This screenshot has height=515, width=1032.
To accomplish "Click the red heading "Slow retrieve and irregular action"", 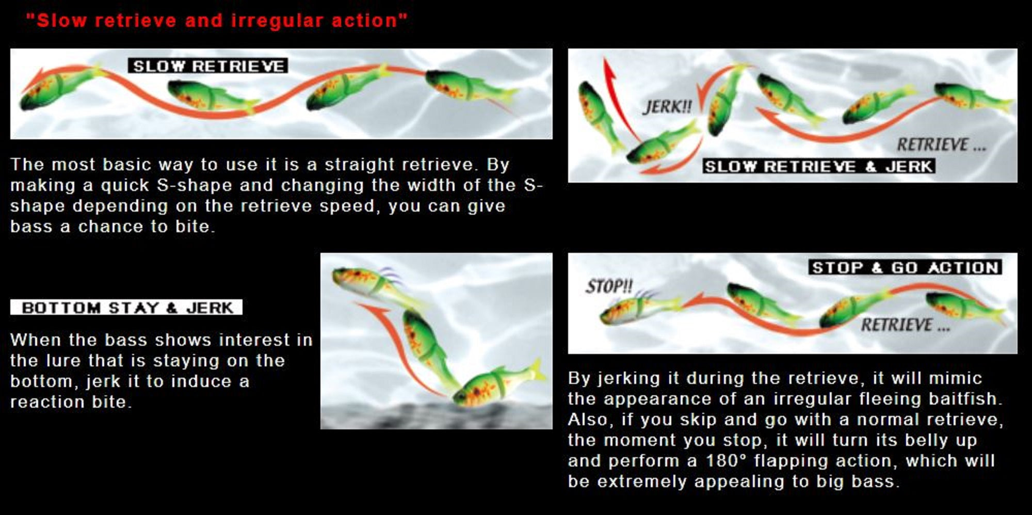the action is tap(217, 21).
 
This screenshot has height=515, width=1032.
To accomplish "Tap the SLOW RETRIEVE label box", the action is tap(208, 66).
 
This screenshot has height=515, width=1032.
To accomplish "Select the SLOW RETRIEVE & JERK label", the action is tap(819, 166).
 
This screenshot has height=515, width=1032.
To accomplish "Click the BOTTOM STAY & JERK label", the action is tap(126, 308).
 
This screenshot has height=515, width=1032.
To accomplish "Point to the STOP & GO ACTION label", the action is tap(905, 267).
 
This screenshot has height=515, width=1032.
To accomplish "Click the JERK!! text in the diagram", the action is tap(667, 107).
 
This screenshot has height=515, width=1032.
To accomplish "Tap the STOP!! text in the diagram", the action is tap(609, 286).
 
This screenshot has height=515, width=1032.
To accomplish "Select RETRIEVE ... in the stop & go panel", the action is tap(905, 325).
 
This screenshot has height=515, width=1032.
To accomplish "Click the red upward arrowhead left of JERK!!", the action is tap(610, 70).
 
